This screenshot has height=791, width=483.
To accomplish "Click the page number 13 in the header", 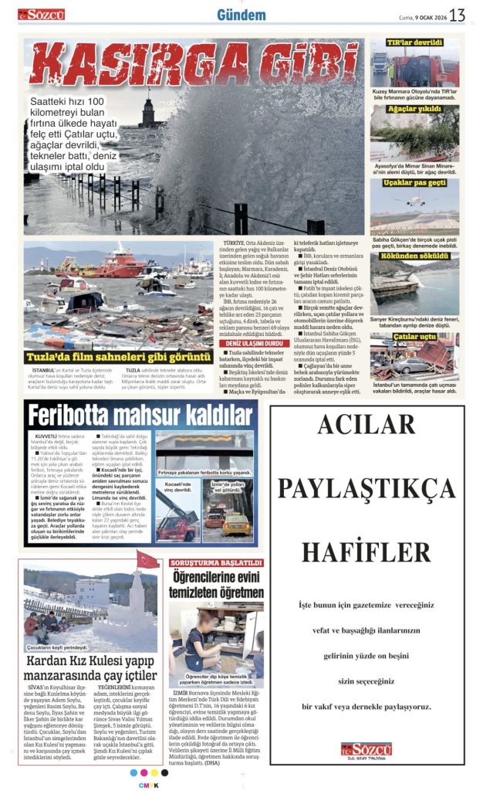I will (457, 14).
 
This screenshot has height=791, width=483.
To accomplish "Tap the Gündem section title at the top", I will (241, 15).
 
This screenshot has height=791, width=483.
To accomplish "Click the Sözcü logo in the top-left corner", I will (42, 14).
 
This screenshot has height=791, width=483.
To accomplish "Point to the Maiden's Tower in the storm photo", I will (147, 110).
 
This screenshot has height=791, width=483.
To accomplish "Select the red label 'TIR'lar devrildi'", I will (414, 45).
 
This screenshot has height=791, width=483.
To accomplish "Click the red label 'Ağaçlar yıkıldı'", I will (414, 110).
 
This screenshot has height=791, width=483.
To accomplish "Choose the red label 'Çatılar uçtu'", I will (414, 336).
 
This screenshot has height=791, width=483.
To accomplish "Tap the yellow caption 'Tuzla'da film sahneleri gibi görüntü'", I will (117, 357).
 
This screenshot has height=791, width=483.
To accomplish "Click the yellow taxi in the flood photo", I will (238, 523).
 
